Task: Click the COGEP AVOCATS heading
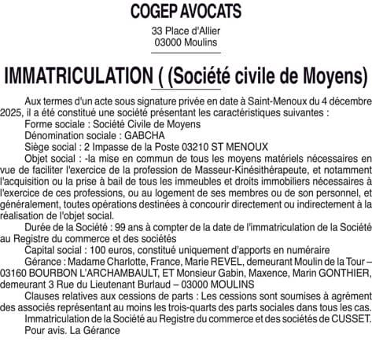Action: click(x=186, y=12)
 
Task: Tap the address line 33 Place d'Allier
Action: click(x=186, y=31)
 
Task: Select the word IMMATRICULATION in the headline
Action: click(x=76, y=75)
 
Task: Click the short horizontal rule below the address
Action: click(x=186, y=52)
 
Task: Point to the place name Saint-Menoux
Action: click(x=274, y=103)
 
